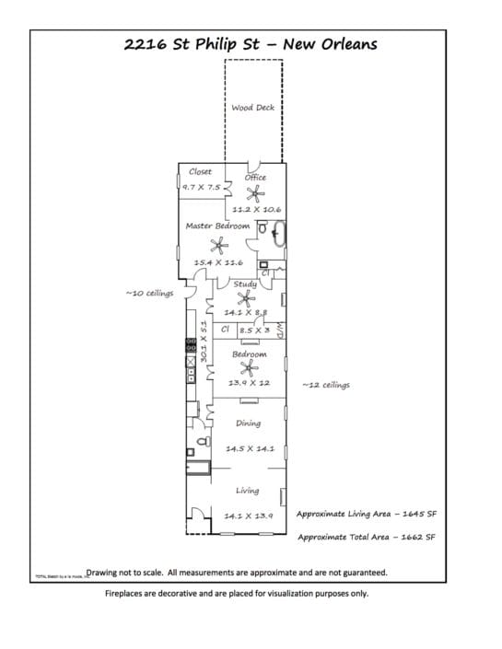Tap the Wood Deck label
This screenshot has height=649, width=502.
point(252,108)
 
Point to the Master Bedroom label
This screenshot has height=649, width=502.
point(217,226)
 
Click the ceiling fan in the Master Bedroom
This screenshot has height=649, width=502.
point(219,244)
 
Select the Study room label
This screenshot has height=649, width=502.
point(245,284)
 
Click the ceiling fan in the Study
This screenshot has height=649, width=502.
point(244,297)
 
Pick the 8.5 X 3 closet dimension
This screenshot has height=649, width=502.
point(254,330)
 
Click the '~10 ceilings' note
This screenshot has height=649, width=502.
point(148,295)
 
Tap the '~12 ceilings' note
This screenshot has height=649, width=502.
point(325,385)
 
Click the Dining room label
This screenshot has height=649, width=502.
point(248,423)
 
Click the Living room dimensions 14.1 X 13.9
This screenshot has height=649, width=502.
point(249,516)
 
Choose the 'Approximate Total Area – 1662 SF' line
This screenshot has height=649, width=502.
point(366,536)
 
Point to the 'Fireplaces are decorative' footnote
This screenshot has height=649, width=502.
point(236,594)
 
